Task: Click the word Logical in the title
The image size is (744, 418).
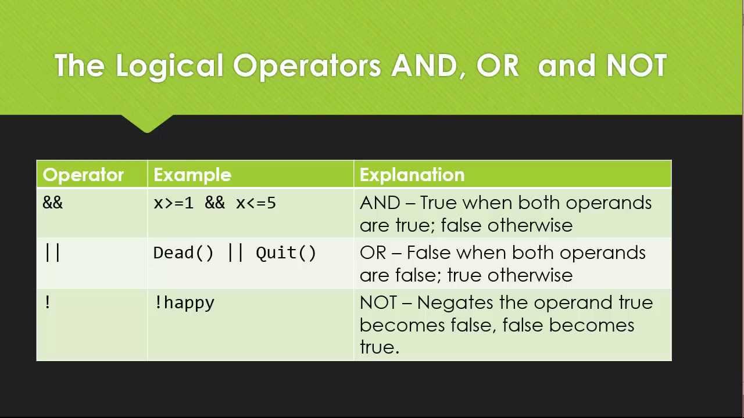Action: pos(169,66)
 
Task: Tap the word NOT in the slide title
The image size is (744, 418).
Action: pos(636,66)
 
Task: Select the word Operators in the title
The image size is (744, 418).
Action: pos(307,66)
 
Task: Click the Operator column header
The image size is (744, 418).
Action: pos(83,175)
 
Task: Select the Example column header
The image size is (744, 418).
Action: pos(192,175)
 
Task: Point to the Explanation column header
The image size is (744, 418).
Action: pos(412,175)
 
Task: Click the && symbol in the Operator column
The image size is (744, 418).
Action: pos(52,203)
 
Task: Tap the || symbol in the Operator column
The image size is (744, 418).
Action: pos(52,253)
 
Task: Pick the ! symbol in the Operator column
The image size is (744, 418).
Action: pos(48,302)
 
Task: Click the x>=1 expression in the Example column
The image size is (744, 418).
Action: pos(173,203)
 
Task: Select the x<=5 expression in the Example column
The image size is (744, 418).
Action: pos(256,203)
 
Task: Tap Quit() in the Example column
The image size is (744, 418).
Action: pos(286,253)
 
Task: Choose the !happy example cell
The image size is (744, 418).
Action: pos(184,303)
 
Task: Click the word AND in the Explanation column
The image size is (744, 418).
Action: pos(380,203)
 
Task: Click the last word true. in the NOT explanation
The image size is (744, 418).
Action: pos(379,347)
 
